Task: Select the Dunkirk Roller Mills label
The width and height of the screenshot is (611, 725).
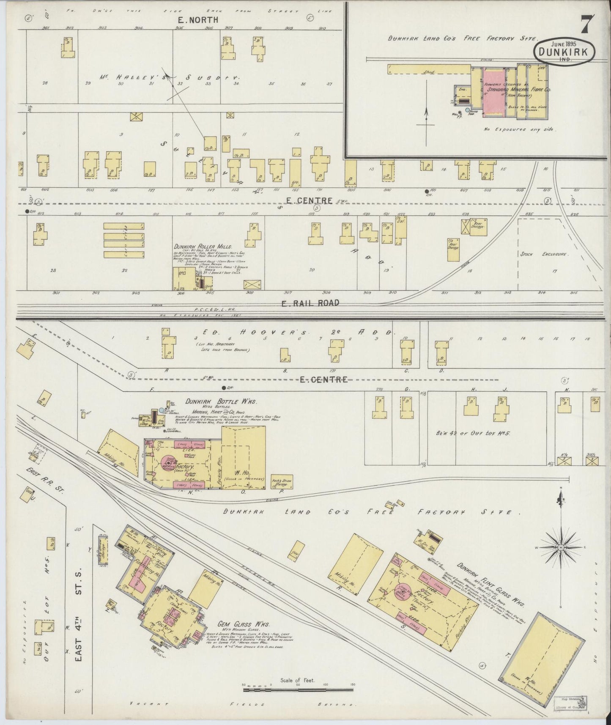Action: coord(203,246)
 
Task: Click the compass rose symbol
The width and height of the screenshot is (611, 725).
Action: coord(560,547)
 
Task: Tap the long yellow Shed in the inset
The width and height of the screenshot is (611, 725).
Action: coord(429,70)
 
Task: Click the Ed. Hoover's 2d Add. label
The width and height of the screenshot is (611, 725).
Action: coord(298,332)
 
